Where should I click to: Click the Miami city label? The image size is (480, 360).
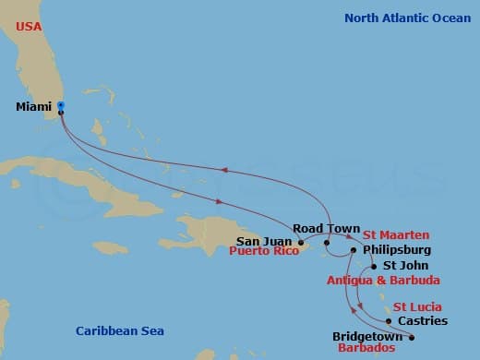33,107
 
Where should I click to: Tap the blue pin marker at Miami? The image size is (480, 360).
61,106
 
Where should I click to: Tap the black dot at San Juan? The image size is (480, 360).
301,244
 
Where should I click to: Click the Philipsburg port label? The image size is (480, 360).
397,249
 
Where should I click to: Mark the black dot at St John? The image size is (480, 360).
374,266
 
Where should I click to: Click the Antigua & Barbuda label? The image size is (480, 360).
383,280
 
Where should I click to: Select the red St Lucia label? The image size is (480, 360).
417,306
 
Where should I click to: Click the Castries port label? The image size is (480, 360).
424,321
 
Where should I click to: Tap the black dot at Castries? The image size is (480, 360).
390,321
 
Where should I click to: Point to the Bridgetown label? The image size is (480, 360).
365,337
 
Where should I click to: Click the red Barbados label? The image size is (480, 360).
365,349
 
